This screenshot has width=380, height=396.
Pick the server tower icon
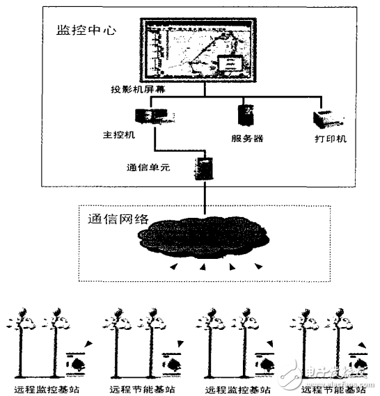(x=246, y=115)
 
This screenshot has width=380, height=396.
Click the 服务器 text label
(x=246, y=138)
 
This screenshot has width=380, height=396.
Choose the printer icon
(x=328, y=118)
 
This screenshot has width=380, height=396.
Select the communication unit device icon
(x=205, y=168)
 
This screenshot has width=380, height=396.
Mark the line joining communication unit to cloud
(x=205, y=198)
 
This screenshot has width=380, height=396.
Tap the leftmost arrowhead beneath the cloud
(x=173, y=267)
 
